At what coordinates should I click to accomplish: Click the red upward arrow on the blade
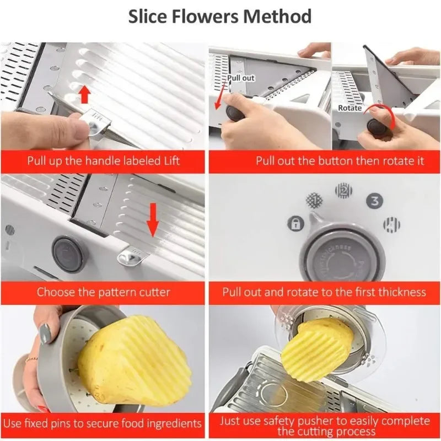[x=84, y=94]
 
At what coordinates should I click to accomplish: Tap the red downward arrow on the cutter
[x=153, y=223]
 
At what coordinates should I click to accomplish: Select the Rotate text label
[x=350, y=108]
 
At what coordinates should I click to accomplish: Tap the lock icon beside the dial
[x=295, y=224]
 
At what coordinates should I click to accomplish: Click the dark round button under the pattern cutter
[x=69, y=253]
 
